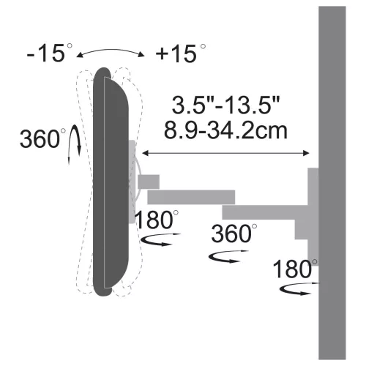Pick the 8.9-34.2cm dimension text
coord(225,131)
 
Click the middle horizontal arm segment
coord(190,197)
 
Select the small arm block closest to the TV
coord(149,180)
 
